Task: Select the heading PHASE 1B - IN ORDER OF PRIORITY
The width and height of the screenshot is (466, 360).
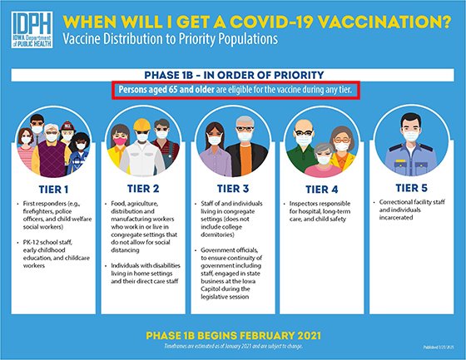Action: [x=233, y=73]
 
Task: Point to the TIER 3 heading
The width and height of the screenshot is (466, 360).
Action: [x=232, y=188]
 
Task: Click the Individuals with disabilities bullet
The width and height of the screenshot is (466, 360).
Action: [x=145, y=275]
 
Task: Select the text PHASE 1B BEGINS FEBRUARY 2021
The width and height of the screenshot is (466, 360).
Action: [x=233, y=334]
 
